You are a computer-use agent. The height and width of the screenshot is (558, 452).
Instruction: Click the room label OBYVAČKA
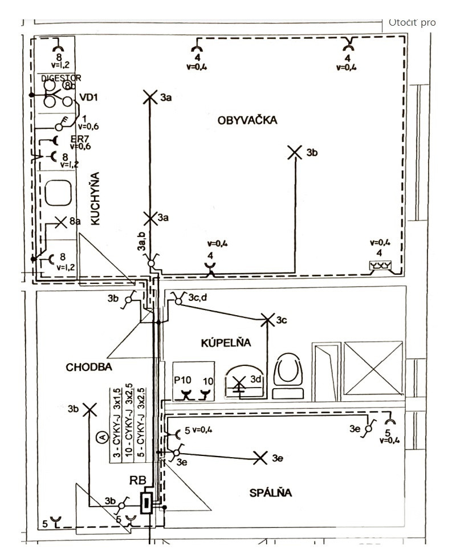click(247, 120)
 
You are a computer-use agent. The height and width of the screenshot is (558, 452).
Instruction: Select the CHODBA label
click(88, 368)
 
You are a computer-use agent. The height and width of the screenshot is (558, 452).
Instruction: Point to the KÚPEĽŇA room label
click(226, 343)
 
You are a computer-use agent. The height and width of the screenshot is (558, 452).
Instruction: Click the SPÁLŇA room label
click(270, 492)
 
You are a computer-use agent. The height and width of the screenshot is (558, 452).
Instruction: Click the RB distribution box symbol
click(147, 503)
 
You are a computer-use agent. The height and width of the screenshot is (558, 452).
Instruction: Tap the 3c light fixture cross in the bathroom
click(267, 320)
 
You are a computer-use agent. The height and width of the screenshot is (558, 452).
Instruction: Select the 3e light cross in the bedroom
click(260, 457)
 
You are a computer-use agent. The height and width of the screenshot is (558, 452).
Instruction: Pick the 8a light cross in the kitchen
click(60, 222)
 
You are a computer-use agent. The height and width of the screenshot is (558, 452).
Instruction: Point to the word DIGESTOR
click(61, 78)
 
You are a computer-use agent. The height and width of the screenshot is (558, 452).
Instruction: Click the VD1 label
click(89, 97)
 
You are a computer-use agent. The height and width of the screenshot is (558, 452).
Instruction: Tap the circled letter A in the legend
click(102, 438)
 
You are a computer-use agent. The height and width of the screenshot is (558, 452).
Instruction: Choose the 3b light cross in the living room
click(294, 152)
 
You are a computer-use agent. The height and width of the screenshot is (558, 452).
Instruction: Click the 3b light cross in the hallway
click(89, 409)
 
